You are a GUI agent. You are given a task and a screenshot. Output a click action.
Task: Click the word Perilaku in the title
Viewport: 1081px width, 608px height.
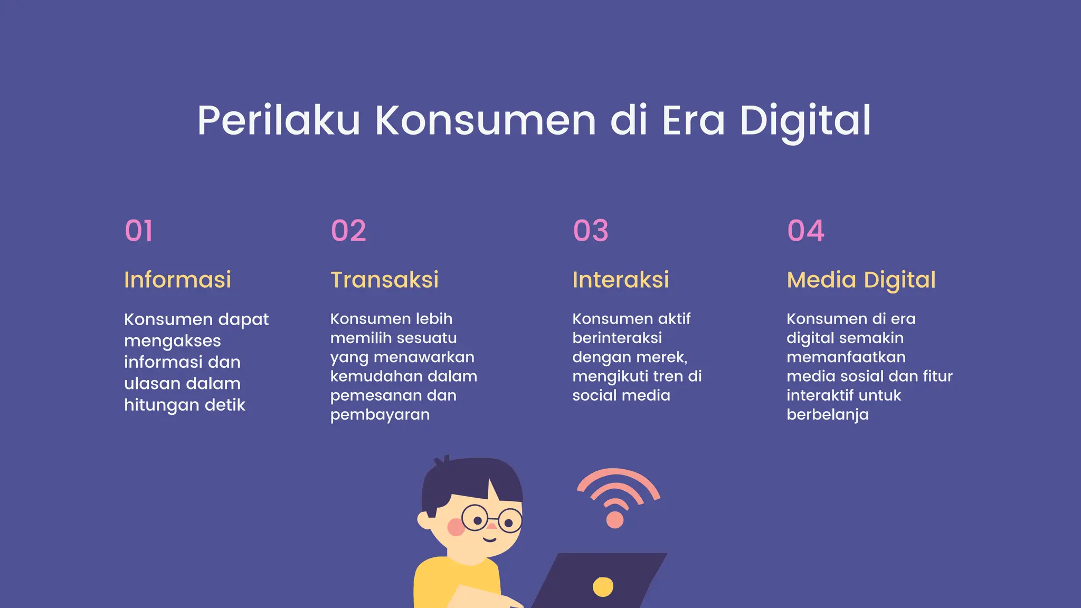tap(279, 121)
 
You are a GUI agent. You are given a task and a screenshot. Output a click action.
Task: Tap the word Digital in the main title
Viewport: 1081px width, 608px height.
tap(805, 121)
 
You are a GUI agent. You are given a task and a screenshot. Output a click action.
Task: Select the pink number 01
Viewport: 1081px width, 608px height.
tap(139, 231)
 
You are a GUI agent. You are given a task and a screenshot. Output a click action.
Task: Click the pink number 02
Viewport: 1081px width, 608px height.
tap(348, 231)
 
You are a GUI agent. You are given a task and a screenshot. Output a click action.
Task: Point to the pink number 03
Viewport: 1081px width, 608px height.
tap(591, 231)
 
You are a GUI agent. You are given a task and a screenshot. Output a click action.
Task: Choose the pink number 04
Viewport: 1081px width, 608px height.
tap(805, 231)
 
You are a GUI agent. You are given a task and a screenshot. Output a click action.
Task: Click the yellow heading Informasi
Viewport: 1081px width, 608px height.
tap(177, 280)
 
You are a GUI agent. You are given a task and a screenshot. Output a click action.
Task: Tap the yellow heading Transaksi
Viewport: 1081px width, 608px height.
tap(384, 280)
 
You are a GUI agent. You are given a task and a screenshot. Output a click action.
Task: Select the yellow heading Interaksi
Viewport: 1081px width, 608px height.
tap(621, 280)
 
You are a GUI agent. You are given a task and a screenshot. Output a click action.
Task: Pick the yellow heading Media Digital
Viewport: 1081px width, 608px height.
tap(861, 280)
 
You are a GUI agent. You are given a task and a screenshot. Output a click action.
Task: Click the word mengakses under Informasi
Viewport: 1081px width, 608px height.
tap(173, 341)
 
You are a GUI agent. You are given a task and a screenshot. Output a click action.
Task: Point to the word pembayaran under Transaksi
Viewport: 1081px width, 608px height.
tap(380, 415)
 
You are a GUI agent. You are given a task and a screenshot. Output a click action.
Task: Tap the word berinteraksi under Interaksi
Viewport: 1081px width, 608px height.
tap(617, 338)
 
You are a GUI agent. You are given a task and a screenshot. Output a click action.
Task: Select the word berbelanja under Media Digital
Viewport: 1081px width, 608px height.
tap(827, 415)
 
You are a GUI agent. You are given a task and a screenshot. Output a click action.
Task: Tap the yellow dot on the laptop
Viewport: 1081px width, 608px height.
tap(603, 586)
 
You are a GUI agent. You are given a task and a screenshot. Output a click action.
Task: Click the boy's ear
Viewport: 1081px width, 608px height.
tap(425, 520)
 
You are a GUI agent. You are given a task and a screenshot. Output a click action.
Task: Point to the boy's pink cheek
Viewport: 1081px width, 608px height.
tap(455, 527)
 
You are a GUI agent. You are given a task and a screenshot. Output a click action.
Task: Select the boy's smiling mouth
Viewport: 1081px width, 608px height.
tap(490, 539)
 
